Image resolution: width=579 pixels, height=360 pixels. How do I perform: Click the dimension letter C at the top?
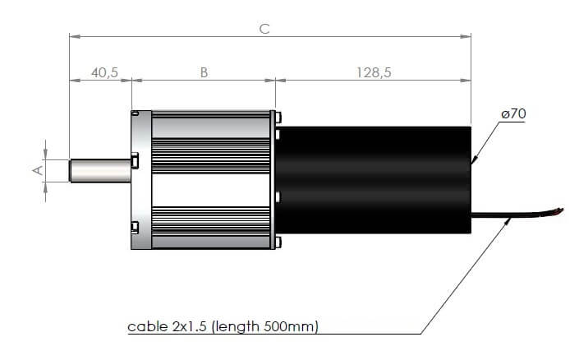[x=264, y=28]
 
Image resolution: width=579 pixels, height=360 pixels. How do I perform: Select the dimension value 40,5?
[x=104, y=72]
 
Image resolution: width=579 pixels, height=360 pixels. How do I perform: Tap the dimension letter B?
[x=204, y=72]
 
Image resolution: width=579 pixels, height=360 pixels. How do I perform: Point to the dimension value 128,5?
[x=373, y=72]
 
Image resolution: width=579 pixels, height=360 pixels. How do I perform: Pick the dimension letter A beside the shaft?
[x=35, y=170]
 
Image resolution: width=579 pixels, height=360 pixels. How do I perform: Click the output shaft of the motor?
[x=99, y=170]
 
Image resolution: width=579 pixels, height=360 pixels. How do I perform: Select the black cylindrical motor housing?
[x=374, y=179]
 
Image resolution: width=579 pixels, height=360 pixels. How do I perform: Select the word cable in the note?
[x=145, y=326]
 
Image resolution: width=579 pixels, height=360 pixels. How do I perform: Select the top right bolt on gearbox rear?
[x=278, y=115]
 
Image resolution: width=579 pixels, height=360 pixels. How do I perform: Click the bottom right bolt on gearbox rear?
[x=278, y=241]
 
